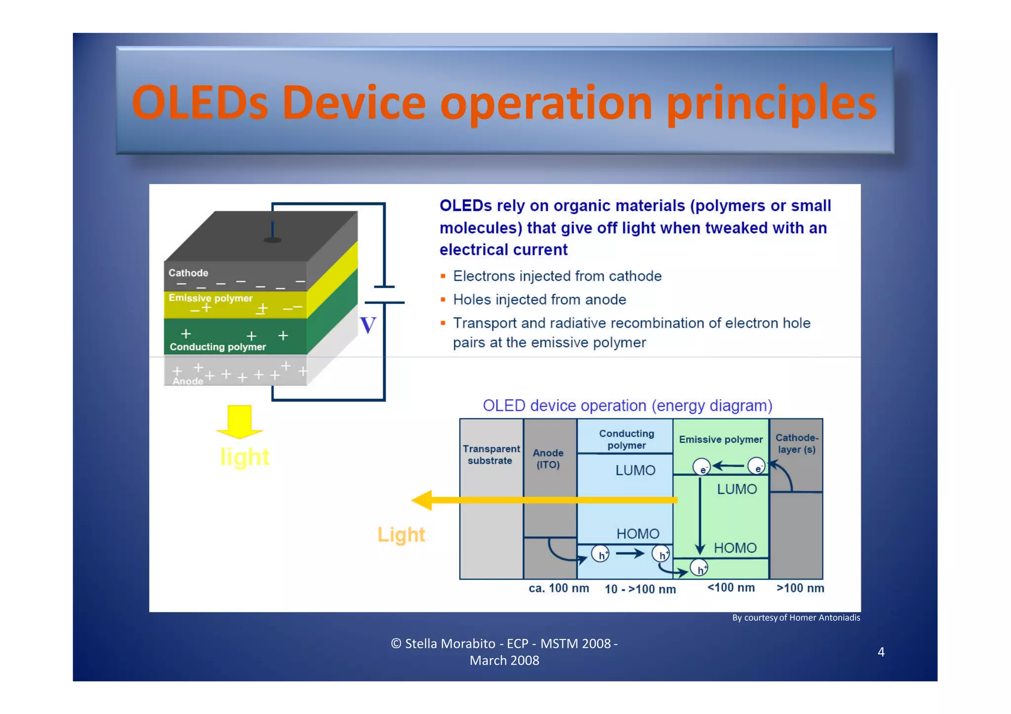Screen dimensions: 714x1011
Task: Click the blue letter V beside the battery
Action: [x=368, y=326]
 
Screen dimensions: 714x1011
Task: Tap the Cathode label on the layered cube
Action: [x=188, y=273]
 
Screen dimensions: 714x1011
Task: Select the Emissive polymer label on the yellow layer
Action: [x=210, y=298]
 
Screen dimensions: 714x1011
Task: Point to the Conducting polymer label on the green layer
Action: [x=218, y=347]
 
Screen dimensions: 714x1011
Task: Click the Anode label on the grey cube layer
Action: [x=188, y=381]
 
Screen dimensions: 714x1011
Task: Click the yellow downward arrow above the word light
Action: [x=239, y=421]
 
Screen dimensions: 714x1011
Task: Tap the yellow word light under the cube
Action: [x=244, y=457]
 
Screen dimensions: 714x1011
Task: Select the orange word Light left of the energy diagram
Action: [x=401, y=534]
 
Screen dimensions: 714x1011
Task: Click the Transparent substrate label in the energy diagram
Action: [x=491, y=454]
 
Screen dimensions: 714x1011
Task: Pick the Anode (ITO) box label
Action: [x=548, y=458]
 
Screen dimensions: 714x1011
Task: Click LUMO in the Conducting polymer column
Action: [x=635, y=470]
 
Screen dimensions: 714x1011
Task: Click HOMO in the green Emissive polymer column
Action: [x=735, y=548]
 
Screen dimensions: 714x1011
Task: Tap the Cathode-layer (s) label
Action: [x=796, y=444]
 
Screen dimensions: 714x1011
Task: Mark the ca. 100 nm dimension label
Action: [x=558, y=588]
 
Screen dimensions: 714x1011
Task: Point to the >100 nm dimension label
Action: [x=800, y=588]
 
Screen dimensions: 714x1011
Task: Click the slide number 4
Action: [x=881, y=652]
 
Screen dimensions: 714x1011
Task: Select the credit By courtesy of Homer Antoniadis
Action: [x=796, y=618]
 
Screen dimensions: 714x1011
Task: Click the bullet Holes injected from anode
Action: [x=539, y=300]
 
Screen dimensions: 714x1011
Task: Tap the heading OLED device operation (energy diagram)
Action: [x=627, y=406]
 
